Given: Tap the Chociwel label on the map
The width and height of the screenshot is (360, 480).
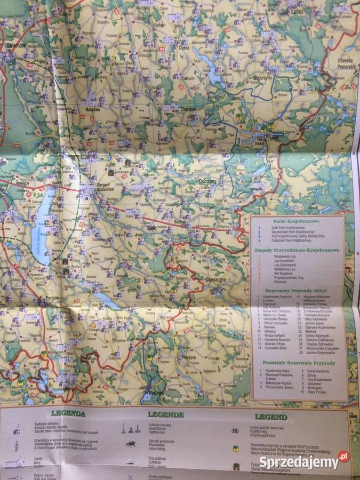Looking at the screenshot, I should tap(188, 109).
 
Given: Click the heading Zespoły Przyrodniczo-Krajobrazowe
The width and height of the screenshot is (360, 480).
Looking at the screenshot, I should tap(297, 250).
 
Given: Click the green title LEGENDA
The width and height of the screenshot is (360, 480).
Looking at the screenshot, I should tap(68, 413).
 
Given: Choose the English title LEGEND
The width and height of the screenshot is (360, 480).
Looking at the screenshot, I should tap(271, 417).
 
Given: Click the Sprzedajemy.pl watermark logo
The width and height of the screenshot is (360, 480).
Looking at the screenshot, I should tap(308, 460).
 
